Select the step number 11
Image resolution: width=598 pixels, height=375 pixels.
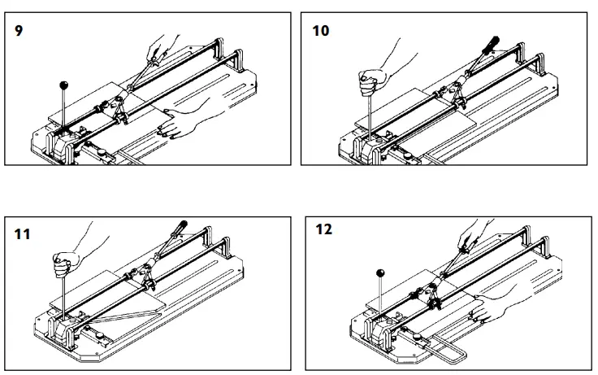pos(23,235)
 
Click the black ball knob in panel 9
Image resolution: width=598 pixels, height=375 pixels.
pos(63,84)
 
